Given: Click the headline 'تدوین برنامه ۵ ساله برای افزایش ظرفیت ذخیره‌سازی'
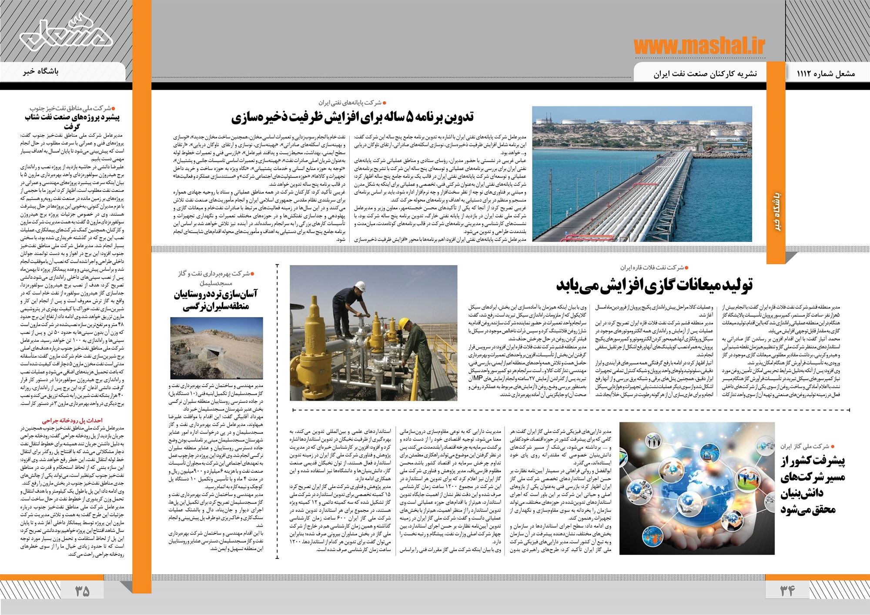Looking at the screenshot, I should tap(353, 117).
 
